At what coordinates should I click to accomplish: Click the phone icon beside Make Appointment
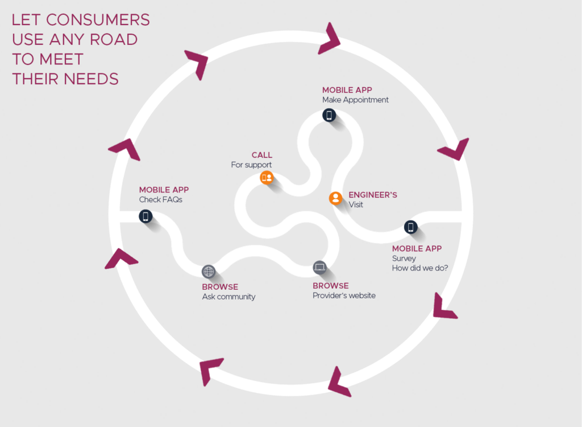[329, 116]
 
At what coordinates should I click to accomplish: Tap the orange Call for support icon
[267, 178]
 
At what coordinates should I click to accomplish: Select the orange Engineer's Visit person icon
[336, 198]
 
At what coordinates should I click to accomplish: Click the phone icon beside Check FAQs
[146, 216]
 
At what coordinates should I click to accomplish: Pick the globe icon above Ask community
[209, 272]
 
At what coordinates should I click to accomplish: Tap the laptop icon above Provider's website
[319, 267]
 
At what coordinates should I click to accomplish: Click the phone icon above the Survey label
[410, 227]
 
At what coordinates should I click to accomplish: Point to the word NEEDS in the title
[92, 79]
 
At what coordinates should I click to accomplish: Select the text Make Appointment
[355, 100]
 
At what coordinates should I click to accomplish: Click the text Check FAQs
[161, 200]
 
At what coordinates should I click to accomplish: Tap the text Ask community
[228, 297]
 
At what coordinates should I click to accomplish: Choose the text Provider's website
[344, 295]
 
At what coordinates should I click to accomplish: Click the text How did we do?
[420, 268]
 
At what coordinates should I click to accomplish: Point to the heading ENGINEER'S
[372, 195]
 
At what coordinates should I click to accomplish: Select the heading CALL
[261, 155]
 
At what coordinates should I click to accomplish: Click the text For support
[251, 165]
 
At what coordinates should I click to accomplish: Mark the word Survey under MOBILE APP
[404, 258]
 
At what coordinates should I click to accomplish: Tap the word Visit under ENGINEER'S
[356, 205]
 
